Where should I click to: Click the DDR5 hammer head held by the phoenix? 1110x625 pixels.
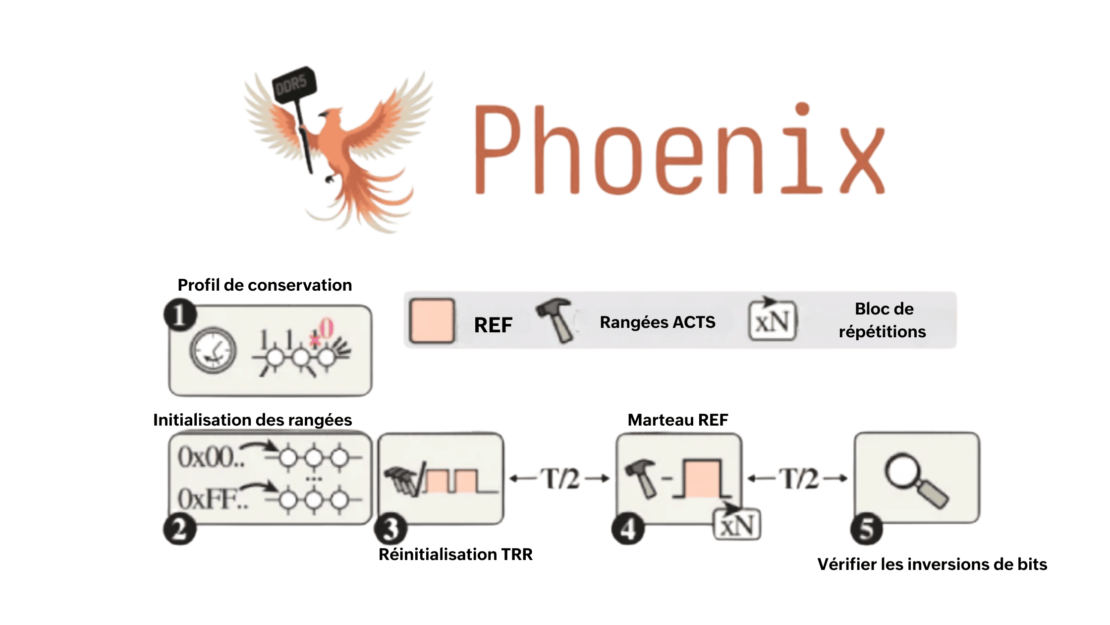[x=294, y=84]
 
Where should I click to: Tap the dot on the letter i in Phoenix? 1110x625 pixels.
[x=802, y=109]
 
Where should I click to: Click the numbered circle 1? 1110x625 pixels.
[x=180, y=315]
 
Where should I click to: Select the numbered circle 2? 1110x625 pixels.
[x=180, y=529]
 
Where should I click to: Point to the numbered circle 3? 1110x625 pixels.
[x=391, y=529]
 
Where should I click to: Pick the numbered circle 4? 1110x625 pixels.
[x=628, y=529]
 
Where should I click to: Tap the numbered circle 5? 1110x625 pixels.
[x=866, y=529]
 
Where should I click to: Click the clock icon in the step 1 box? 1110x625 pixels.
[x=213, y=350]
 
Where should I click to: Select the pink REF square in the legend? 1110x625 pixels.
[x=432, y=321]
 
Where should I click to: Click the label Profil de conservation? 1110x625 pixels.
[x=265, y=285]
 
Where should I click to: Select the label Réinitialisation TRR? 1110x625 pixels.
[x=455, y=554]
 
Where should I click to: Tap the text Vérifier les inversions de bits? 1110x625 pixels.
[x=932, y=564]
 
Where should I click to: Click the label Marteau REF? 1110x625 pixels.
[x=677, y=420]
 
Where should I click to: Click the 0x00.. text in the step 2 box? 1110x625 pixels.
[x=211, y=457]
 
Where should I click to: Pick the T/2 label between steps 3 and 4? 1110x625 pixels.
[x=559, y=479]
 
